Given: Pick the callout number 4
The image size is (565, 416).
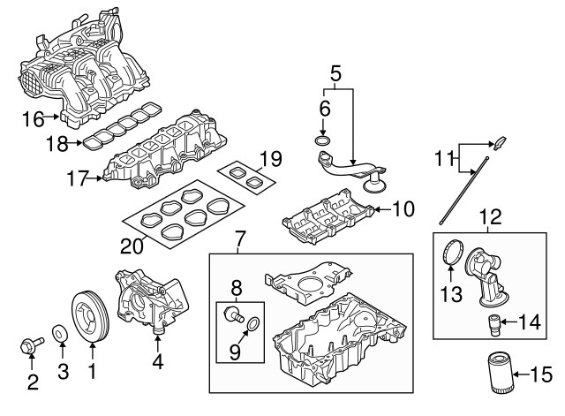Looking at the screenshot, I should (x=158, y=361).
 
